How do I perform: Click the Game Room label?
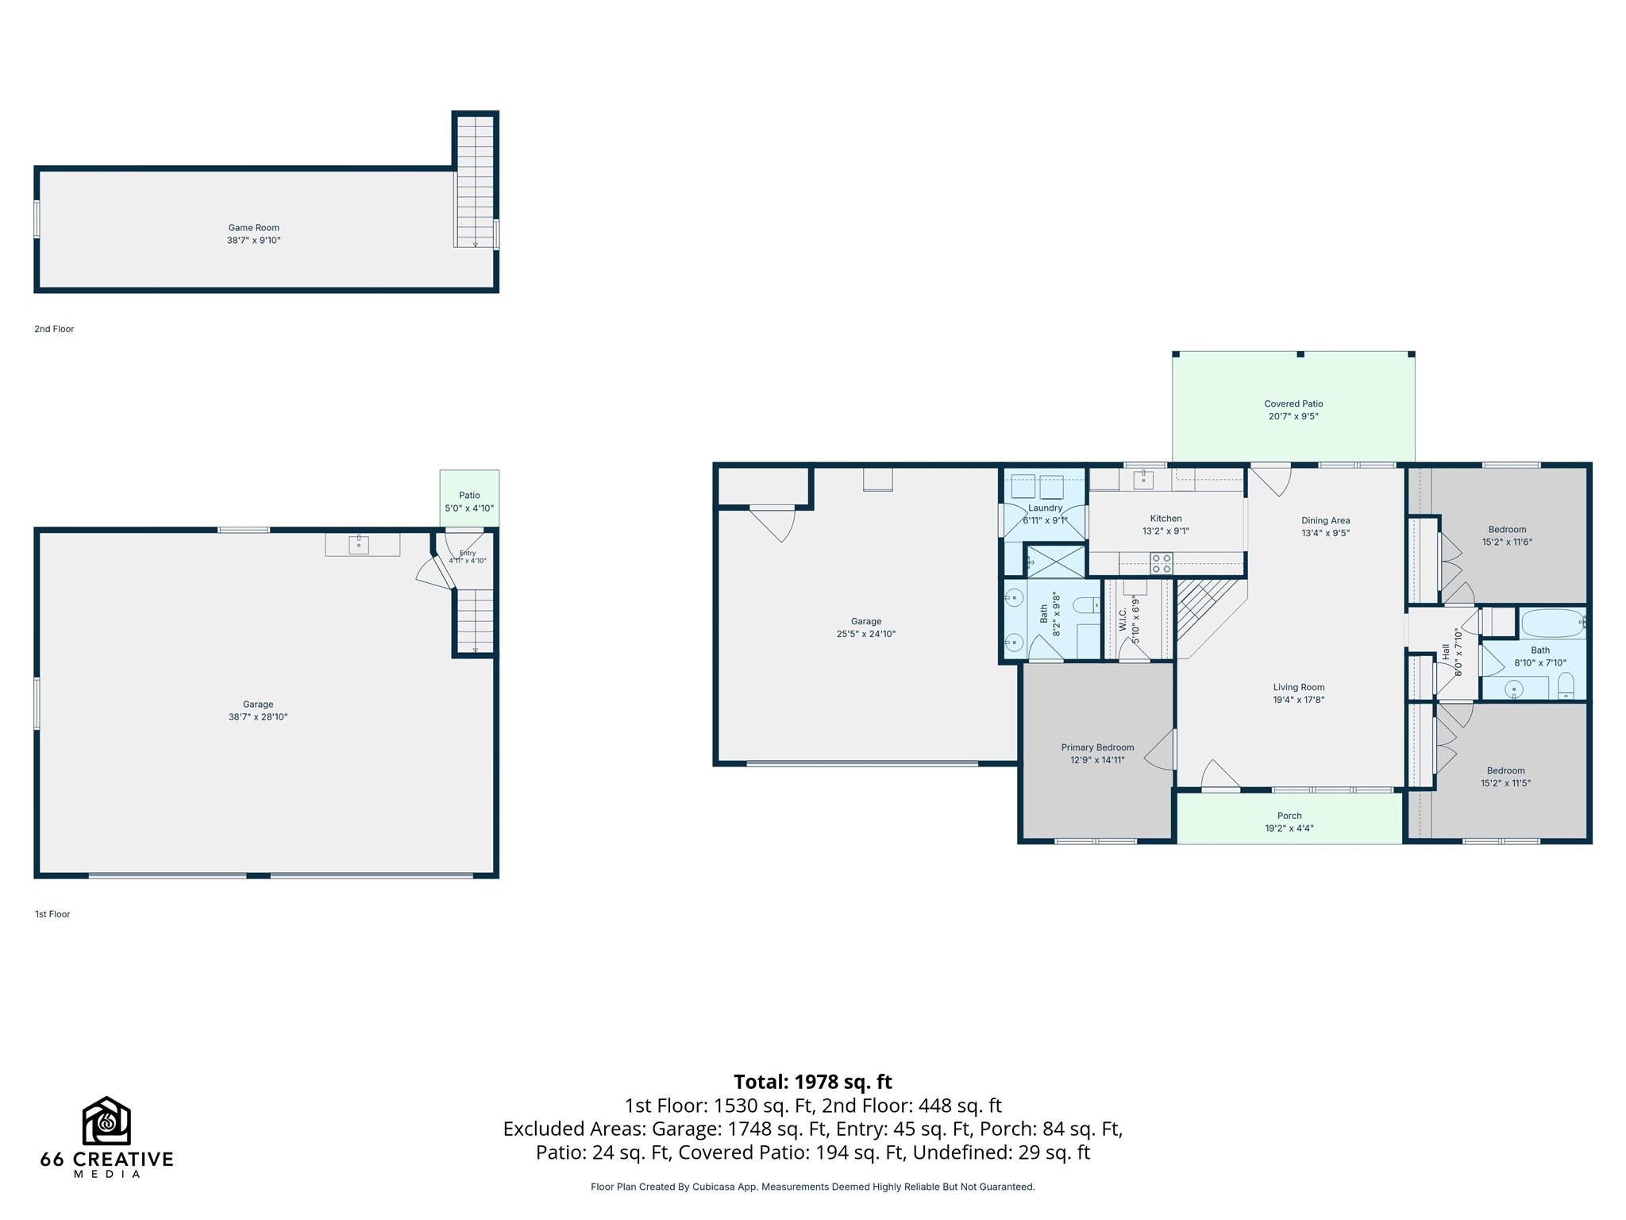[x=254, y=228]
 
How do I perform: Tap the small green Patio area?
[x=470, y=498]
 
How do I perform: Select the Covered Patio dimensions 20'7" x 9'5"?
[x=1293, y=416]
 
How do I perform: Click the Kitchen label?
[x=1166, y=519]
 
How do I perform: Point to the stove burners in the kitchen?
[x=1162, y=563]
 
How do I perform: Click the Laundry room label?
[x=1045, y=508]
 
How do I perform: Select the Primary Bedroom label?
[x=1097, y=747]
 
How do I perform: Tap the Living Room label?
[x=1299, y=688]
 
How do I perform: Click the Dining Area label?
[x=1325, y=521]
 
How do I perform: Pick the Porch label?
[x=1289, y=816]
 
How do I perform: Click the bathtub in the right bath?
[x=1553, y=623]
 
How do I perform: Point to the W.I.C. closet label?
[x=1123, y=620]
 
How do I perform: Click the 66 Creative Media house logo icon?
[x=106, y=1121]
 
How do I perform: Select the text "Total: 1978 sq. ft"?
[x=813, y=1082]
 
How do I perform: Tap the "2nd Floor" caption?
[x=54, y=329]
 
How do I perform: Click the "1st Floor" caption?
[x=52, y=914]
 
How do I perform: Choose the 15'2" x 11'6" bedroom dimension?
[x=1507, y=542]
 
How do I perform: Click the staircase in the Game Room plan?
[x=475, y=182]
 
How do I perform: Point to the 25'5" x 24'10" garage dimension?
[x=866, y=634]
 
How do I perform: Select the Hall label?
[x=1446, y=651]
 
